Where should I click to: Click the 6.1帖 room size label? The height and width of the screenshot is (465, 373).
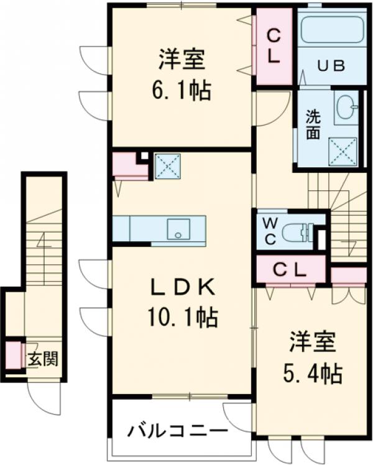tap(182, 91)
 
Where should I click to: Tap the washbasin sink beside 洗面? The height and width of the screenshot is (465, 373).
tap(346, 109)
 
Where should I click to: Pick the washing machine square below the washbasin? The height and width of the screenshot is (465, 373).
tap(344, 150)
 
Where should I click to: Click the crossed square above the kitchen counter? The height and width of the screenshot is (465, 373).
tap(167, 166)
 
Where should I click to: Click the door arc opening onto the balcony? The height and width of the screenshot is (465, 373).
tap(239, 415)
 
